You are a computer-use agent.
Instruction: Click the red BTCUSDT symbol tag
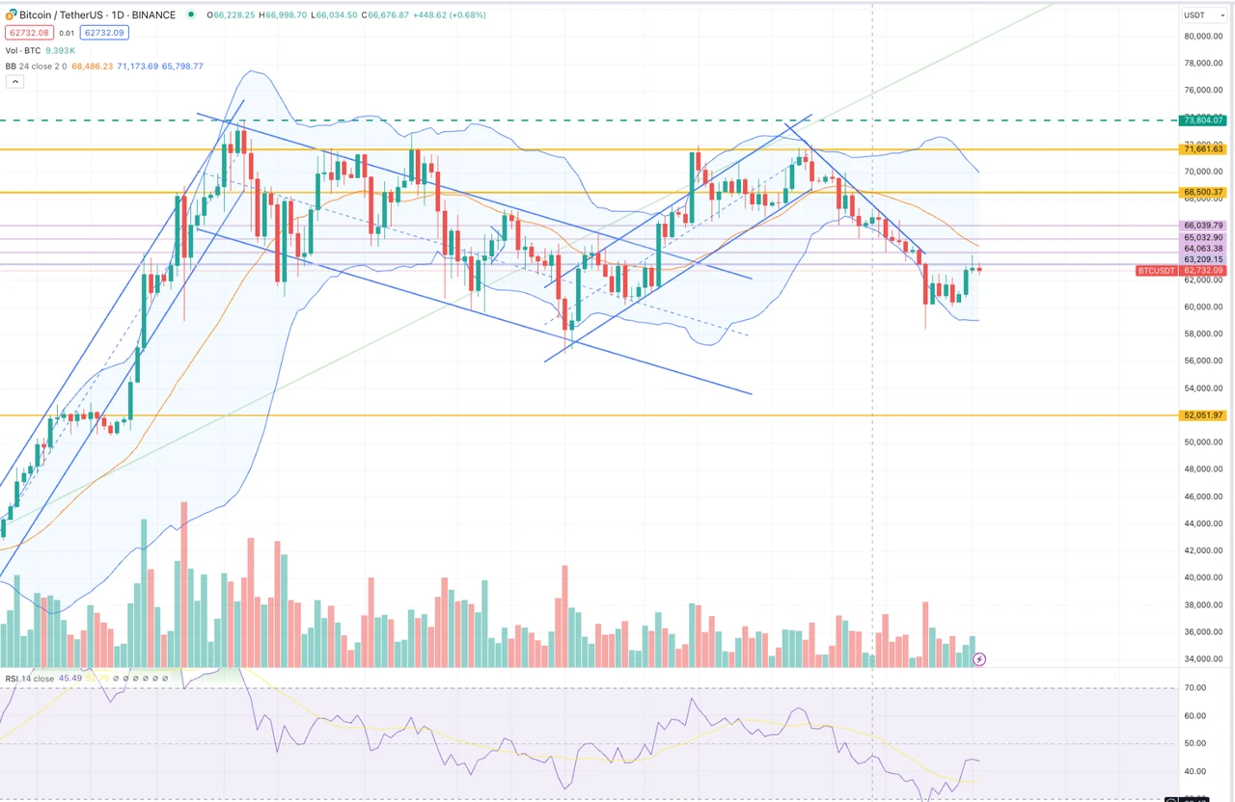(1156, 271)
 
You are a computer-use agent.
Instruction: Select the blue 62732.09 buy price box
(105, 33)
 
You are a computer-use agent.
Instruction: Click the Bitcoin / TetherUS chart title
(96, 15)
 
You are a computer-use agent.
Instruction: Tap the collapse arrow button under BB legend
(14, 82)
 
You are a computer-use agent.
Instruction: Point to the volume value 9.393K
(65, 50)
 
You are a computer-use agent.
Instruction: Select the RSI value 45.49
(70, 679)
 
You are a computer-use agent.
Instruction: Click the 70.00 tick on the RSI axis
(1196, 687)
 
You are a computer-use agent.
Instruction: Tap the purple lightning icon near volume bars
(980, 659)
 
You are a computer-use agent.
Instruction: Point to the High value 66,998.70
(286, 15)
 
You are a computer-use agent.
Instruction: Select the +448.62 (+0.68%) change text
(449, 15)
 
